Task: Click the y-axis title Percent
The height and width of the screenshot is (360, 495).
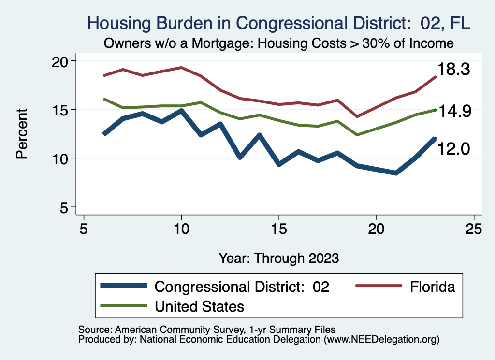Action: point(22,134)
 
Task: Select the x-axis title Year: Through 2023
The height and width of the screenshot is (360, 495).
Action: point(278,258)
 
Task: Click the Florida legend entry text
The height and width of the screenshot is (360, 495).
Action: point(433,287)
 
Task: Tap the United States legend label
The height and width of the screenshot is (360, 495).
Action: point(199,306)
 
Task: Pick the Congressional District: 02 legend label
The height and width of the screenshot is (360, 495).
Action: point(242,287)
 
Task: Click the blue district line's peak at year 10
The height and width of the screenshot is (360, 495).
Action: point(181,111)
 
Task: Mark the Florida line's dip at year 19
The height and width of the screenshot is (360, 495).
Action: point(357,116)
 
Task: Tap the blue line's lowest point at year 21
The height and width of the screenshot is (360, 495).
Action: point(396,173)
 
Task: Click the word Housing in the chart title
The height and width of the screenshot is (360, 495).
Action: point(117,23)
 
